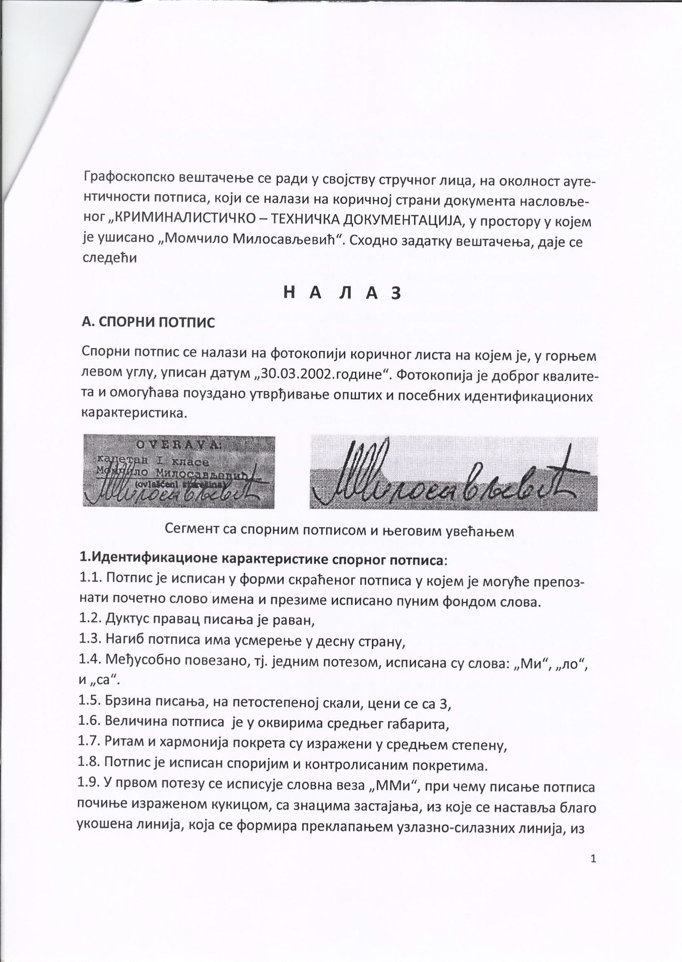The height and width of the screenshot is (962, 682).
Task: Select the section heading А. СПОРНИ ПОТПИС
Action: click(x=148, y=322)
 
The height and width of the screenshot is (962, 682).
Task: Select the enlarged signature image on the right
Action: click(x=453, y=473)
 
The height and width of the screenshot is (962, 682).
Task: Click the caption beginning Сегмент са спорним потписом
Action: click(x=339, y=531)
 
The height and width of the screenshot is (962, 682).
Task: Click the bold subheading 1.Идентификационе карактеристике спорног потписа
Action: click(x=262, y=559)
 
